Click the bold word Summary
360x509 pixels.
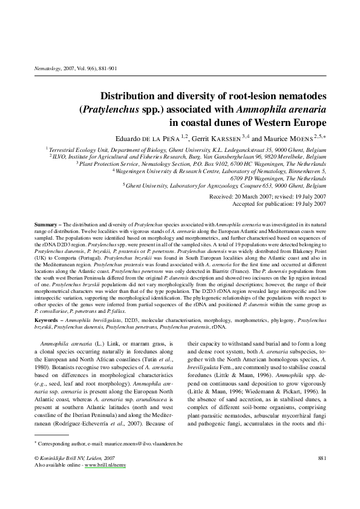click(46, 225)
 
